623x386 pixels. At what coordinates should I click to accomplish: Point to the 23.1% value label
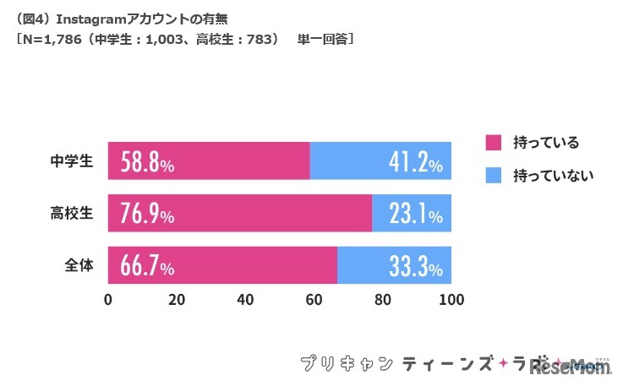coord(414,215)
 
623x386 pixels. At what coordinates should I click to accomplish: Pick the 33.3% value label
coord(414,267)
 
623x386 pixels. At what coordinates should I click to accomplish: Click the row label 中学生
coord(72,161)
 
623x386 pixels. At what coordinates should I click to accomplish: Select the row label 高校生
coord(72,214)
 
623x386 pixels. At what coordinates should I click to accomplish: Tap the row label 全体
coord(79,266)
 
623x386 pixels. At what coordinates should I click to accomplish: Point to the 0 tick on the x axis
coord(108,299)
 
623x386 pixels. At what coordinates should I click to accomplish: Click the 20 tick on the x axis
coord(177,299)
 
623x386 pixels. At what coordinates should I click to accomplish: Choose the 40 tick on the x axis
coord(246,299)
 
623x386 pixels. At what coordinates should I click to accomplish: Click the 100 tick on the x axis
coord(451,299)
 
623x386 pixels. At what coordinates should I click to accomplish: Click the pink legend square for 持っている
coord(494,142)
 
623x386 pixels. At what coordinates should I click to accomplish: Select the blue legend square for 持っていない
coord(494,176)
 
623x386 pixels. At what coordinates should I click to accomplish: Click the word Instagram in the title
coord(90,17)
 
